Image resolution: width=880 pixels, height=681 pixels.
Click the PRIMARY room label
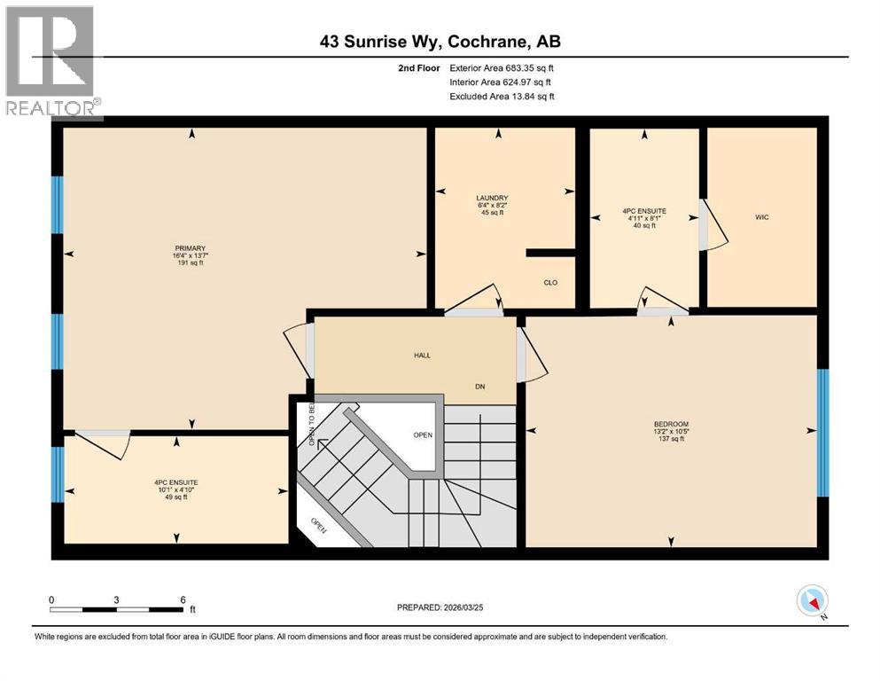point(191,248)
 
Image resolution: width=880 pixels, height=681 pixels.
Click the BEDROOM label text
point(670,424)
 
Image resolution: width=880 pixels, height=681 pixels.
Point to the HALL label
point(422,355)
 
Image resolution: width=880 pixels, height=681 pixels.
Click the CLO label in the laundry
point(549,283)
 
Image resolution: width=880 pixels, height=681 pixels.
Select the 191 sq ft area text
point(191,263)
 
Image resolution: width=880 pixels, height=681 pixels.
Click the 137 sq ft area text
point(670,439)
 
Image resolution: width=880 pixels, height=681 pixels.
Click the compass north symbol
point(812,600)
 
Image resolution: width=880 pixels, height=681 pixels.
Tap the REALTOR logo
point(51,62)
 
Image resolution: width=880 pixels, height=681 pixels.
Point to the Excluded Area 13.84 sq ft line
point(502,97)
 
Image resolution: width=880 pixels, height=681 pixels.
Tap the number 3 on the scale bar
point(116,599)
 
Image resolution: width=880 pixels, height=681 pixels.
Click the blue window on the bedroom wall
point(822,432)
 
